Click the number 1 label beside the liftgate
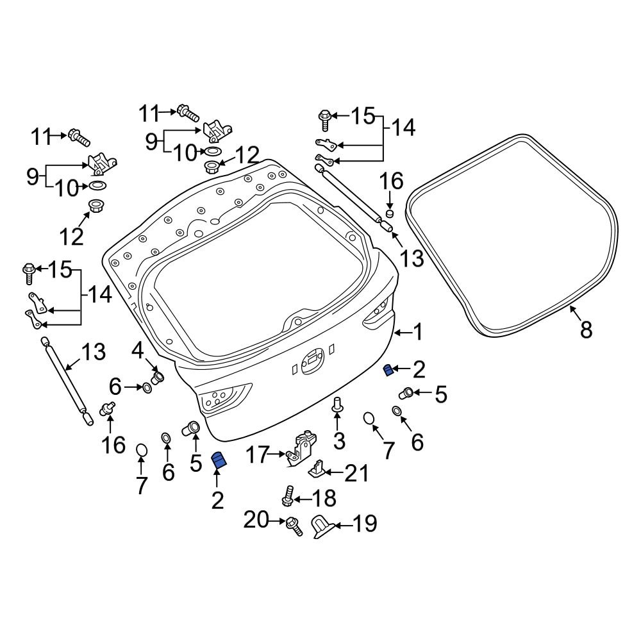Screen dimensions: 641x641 (x=417, y=332)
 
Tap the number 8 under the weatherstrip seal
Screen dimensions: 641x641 (x=586, y=330)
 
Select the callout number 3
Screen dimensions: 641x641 (x=338, y=440)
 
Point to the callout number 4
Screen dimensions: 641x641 (x=138, y=351)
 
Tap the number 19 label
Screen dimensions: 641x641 (x=363, y=524)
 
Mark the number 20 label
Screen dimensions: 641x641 (x=257, y=522)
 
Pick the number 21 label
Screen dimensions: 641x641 (x=356, y=474)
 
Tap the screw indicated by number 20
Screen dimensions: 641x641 (x=294, y=525)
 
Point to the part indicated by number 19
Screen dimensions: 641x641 (x=320, y=528)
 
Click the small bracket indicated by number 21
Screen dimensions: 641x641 (x=317, y=469)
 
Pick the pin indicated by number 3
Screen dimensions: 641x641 (x=338, y=404)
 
